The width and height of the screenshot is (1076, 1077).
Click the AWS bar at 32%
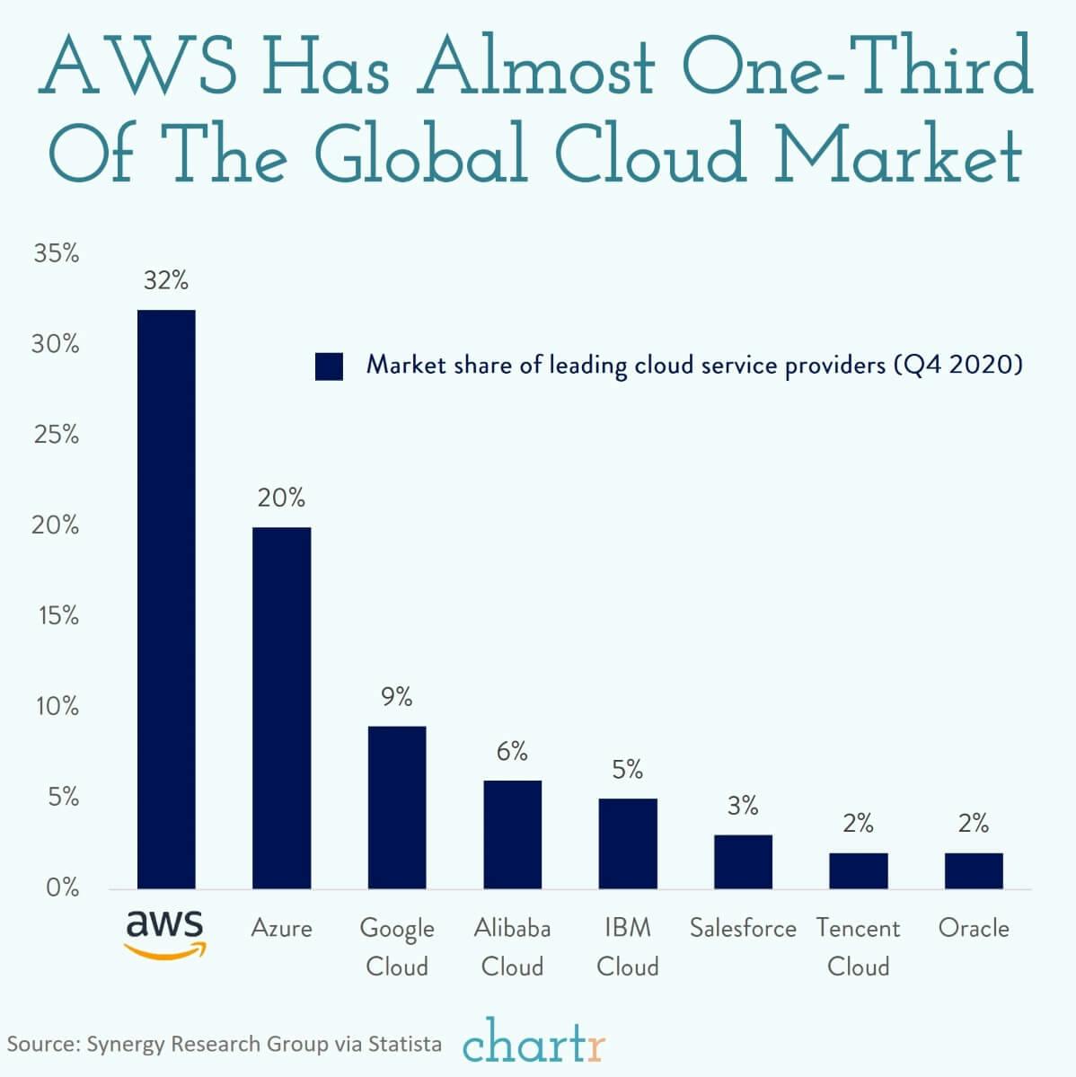pyautogui.click(x=166, y=599)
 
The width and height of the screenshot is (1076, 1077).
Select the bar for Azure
pyautogui.click(x=281, y=708)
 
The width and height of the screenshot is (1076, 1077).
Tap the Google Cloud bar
pyautogui.click(x=397, y=808)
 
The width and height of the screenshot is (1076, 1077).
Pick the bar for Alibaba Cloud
pyautogui.click(x=512, y=834)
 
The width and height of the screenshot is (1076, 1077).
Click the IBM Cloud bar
pyautogui.click(x=628, y=843)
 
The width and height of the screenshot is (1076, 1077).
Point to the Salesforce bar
pyautogui.click(x=743, y=861)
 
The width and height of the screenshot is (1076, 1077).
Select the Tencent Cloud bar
pyautogui.click(x=859, y=870)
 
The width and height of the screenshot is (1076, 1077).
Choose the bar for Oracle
pyautogui.click(x=974, y=870)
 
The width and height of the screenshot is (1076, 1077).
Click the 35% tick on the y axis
pyautogui.click(x=57, y=254)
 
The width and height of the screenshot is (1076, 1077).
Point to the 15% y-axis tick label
pyautogui.click(x=57, y=616)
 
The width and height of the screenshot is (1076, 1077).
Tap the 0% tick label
pyautogui.click(x=60, y=888)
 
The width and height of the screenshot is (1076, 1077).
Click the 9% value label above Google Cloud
pyautogui.click(x=396, y=696)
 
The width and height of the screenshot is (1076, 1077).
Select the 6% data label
pyautogui.click(x=512, y=751)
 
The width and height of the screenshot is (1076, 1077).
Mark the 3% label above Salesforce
pyautogui.click(x=743, y=806)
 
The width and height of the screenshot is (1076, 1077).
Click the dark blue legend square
pyautogui.click(x=329, y=366)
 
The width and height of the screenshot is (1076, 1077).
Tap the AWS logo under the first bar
pyautogui.click(x=165, y=932)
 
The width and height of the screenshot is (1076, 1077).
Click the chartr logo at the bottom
pyautogui.click(x=534, y=1045)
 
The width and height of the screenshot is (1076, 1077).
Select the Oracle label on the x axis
pyautogui.click(x=974, y=928)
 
